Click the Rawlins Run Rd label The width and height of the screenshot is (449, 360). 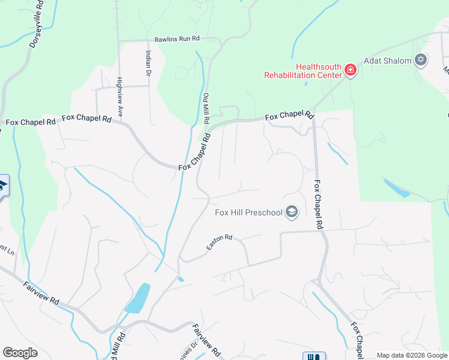176,38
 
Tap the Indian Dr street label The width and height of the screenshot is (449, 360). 147,63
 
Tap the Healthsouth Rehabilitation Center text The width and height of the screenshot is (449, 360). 303,71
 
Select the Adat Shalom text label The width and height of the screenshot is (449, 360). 387,61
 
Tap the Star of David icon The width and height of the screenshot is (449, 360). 421,59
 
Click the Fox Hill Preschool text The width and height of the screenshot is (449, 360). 249,212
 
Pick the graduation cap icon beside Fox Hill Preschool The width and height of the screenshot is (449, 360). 292,212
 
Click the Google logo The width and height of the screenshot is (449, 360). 20,353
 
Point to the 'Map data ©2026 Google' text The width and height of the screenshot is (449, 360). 412,355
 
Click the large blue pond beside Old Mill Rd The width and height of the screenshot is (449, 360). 137,298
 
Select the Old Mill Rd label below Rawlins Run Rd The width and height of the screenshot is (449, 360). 206,109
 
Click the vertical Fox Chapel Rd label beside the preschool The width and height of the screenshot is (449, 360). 319,205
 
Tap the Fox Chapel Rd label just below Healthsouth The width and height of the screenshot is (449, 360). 290,115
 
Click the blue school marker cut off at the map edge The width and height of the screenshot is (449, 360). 3,185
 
